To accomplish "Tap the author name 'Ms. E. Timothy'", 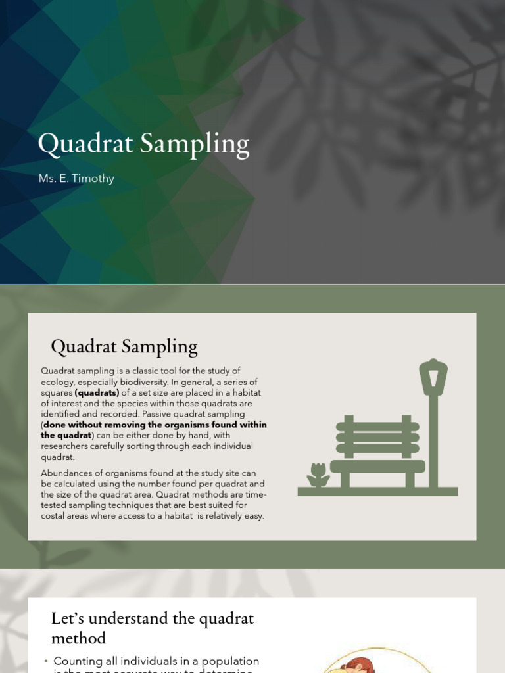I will point(76,179).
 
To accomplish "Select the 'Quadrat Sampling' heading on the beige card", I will point(124,346).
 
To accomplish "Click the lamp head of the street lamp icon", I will point(433,377).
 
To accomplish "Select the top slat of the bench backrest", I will point(377,427).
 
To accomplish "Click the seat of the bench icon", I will point(377,466).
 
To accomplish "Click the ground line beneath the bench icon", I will point(377,491).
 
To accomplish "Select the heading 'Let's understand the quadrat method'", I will point(153,628).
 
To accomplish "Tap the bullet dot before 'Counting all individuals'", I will point(46,661).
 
